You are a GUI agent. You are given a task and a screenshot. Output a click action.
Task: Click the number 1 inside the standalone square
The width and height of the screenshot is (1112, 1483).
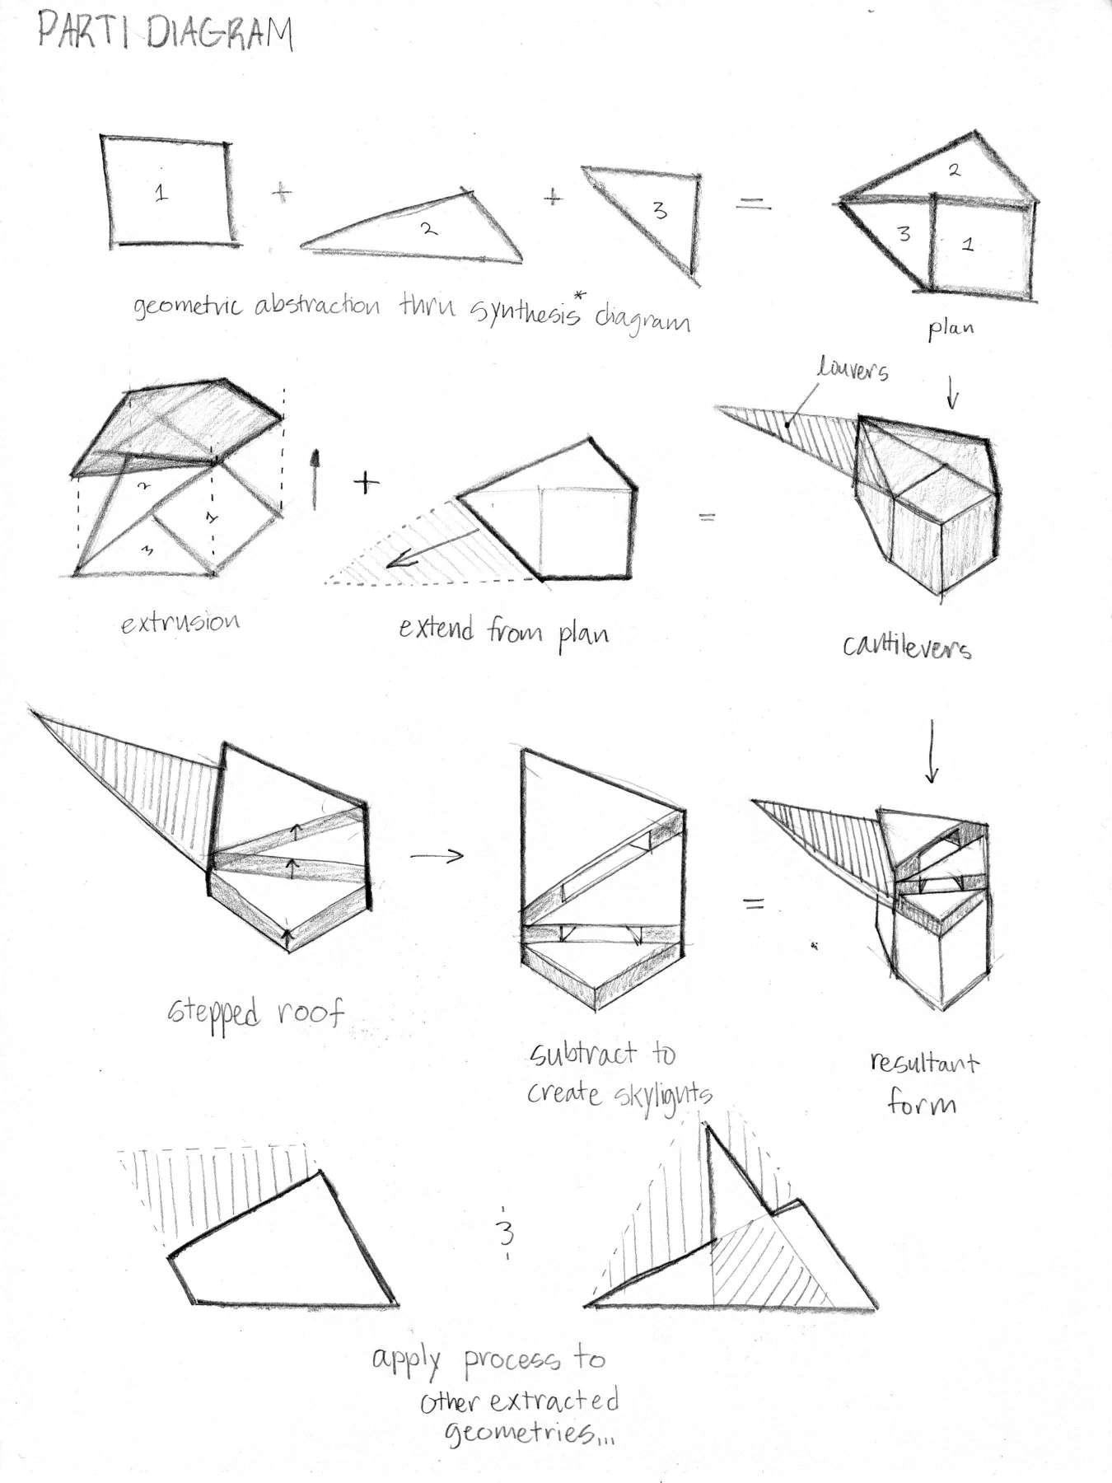click(161, 194)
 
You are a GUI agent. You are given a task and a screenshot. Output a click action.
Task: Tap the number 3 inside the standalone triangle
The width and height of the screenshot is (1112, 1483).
click(659, 211)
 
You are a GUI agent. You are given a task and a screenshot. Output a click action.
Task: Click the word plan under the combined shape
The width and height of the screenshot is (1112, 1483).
click(951, 330)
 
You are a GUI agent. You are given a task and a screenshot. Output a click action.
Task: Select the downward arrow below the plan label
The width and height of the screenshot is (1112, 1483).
click(952, 396)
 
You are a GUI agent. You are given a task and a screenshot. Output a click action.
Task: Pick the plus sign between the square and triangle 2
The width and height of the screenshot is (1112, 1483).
click(282, 193)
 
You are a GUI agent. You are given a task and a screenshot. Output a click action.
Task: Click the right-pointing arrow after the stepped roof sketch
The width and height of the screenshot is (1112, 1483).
click(437, 856)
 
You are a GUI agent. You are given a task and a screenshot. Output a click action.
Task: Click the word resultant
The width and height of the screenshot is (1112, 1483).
click(924, 1063)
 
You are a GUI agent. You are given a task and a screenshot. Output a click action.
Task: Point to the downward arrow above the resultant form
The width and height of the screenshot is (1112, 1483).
click(932, 751)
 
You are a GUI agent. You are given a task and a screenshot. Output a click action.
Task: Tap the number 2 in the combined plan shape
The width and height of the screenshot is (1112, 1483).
click(954, 171)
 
